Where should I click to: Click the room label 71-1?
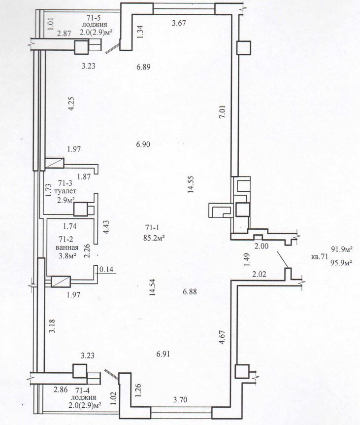pos(152,227)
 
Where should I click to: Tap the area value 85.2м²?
pos(154,238)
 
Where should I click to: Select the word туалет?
pos(65,191)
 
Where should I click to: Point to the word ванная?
pos(67,248)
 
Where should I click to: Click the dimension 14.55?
pos(191,184)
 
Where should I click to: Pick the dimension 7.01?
pos(223,112)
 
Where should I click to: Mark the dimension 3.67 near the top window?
pos(179,23)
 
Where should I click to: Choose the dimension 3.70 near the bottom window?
pos(180,399)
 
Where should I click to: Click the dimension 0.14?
pos(107,269)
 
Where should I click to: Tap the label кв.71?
pos(320,256)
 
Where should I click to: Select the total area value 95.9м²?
pos(341,262)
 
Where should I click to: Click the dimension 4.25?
pos(72,104)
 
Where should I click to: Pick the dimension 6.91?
pos(163,354)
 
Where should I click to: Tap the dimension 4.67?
pos(222,337)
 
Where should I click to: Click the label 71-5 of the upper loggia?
pos(94,18)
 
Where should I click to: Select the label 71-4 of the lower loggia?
pos(83,391)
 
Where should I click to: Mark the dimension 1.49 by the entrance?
pos(247,260)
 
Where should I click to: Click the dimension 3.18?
pos(52,326)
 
